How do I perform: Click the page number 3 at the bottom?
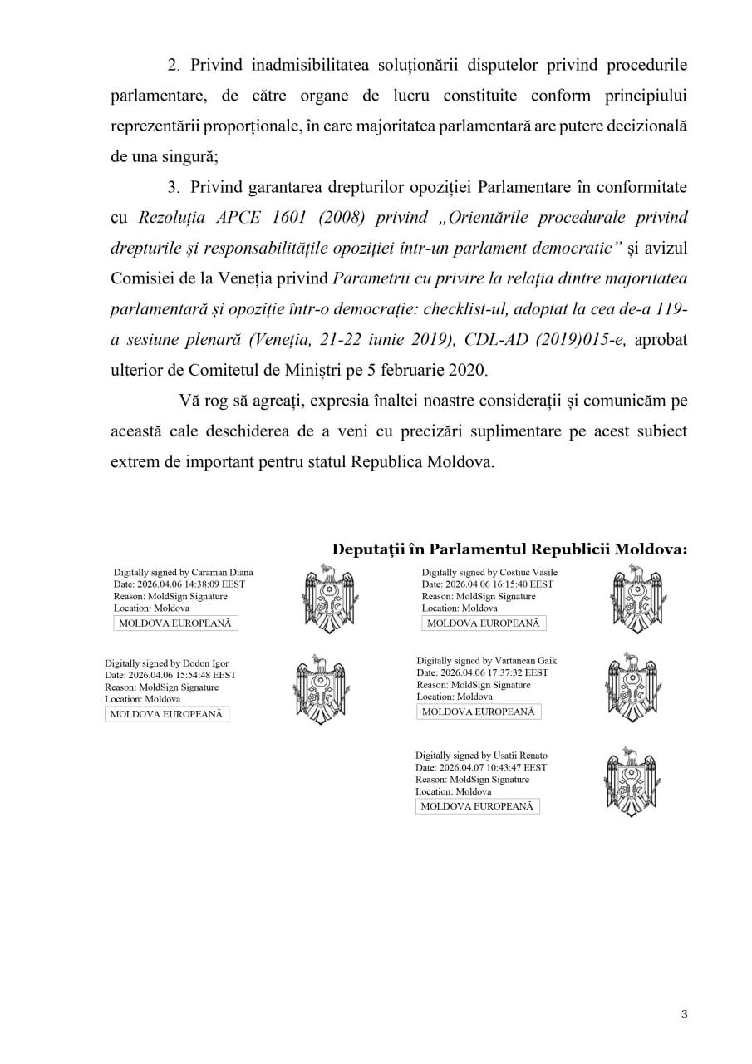[x=684, y=1014]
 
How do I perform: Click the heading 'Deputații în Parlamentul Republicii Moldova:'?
[x=509, y=550]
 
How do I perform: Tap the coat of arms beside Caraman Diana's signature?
[x=327, y=598]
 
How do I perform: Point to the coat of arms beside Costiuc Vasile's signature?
[x=636, y=598]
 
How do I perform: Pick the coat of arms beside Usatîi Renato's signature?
[x=630, y=781]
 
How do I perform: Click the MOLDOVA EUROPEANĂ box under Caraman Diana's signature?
[x=175, y=623]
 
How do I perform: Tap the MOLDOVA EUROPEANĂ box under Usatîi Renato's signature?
[x=477, y=806]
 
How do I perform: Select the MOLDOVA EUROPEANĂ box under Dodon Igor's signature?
[x=166, y=714]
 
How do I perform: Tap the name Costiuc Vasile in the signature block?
[x=528, y=573]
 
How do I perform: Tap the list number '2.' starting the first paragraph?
[x=174, y=64]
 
